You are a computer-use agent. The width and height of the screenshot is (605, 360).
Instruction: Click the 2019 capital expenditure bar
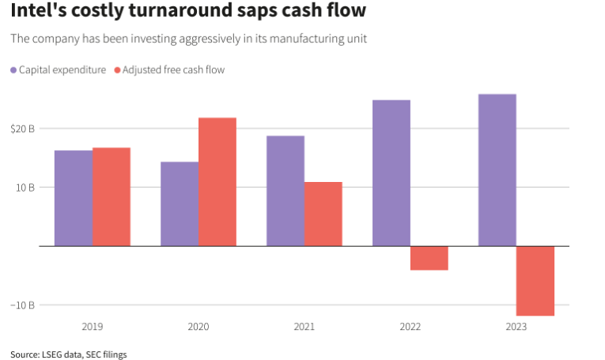tap(74, 198)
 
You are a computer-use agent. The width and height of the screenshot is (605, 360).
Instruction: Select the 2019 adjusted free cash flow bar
tap(112, 196)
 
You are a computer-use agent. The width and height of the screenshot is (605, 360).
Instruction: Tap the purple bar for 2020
tap(180, 203)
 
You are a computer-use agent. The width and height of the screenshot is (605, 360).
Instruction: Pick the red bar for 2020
tap(217, 182)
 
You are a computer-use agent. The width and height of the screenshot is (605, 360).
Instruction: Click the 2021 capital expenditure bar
tap(285, 191)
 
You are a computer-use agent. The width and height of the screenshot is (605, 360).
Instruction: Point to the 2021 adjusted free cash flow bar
tap(323, 214)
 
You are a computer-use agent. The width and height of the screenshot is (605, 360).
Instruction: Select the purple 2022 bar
tap(391, 172)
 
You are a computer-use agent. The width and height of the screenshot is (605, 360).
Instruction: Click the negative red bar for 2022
tap(429, 258)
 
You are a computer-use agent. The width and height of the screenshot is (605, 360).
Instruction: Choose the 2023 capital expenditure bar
tap(497, 170)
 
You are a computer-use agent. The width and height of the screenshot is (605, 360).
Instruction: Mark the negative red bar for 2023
tap(535, 281)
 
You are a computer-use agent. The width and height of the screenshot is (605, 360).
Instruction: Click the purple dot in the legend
tap(14, 70)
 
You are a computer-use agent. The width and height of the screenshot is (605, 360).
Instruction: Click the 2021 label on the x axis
tap(304, 326)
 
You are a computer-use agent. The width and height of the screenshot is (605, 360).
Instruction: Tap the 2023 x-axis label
tap(516, 326)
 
